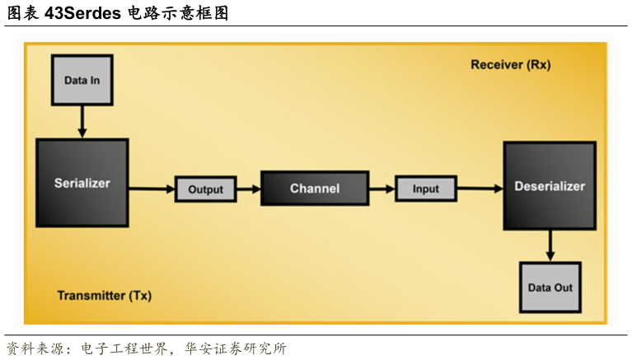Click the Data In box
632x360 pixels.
pyautogui.click(x=82, y=80)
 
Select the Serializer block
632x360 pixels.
pyautogui.click(x=82, y=182)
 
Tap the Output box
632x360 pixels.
pyautogui.click(x=205, y=189)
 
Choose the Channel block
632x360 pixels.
pyautogui.click(x=314, y=189)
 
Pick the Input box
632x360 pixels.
pyautogui.click(x=425, y=189)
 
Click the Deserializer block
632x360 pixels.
pyautogui.click(x=549, y=185)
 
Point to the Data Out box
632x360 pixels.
pyautogui.click(x=550, y=288)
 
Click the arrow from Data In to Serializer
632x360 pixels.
pyautogui.click(x=82, y=121)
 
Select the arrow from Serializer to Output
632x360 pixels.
pyautogui.click(x=151, y=189)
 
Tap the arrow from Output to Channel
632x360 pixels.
pyautogui.click(x=248, y=189)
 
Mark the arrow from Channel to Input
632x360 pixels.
pyautogui.click(x=381, y=189)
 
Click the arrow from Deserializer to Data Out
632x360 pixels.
pyautogui.click(x=550, y=245)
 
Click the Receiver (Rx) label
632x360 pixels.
pyautogui.click(x=510, y=64)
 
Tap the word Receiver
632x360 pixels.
pyautogui.click(x=495, y=64)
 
